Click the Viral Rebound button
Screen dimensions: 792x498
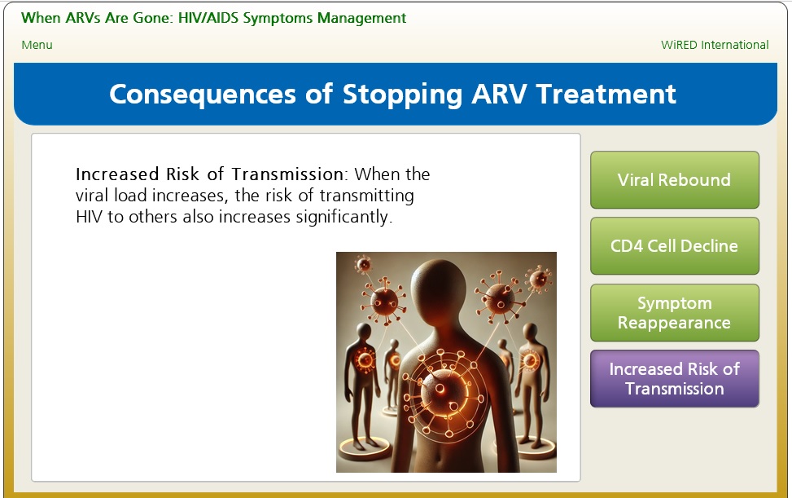(x=674, y=179)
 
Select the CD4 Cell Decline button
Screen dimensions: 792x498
(x=674, y=245)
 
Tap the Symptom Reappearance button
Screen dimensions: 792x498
(x=674, y=312)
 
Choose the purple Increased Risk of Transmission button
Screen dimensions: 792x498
(x=674, y=379)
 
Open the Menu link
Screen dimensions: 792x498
(x=37, y=45)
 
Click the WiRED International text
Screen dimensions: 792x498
(x=715, y=45)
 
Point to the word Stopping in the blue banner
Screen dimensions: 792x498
(x=403, y=95)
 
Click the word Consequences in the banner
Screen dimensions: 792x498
(x=202, y=95)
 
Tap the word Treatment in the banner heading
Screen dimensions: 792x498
(x=606, y=94)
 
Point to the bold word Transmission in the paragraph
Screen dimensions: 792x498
(x=288, y=174)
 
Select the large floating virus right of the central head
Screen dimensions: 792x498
(x=500, y=296)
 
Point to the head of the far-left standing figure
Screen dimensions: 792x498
(x=363, y=333)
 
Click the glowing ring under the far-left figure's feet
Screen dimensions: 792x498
(x=364, y=448)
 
